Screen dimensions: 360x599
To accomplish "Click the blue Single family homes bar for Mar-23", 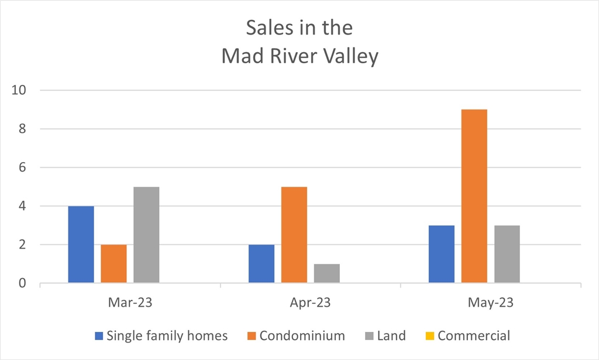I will (81, 245).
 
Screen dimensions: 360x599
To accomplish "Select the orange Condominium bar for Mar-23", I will (113, 264).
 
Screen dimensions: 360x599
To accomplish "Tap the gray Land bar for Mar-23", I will (146, 235).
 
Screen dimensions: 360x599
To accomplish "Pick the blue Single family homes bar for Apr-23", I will (261, 264).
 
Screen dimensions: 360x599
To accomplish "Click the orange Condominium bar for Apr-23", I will (294, 235).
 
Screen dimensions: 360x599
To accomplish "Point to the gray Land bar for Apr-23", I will (326, 273).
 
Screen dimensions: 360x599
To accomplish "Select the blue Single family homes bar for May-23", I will (441, 255).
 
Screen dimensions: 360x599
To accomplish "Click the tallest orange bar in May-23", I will (474, 197).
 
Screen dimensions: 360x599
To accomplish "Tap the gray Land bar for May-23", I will (507, 255).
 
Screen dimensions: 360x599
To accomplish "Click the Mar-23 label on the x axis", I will (130, 303).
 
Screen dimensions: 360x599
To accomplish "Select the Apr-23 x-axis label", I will (310, 303).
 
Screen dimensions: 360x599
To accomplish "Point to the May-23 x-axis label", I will (490, 303).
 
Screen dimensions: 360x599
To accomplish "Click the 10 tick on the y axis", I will (22, 90).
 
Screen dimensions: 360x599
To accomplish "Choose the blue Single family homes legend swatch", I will (99, 336).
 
